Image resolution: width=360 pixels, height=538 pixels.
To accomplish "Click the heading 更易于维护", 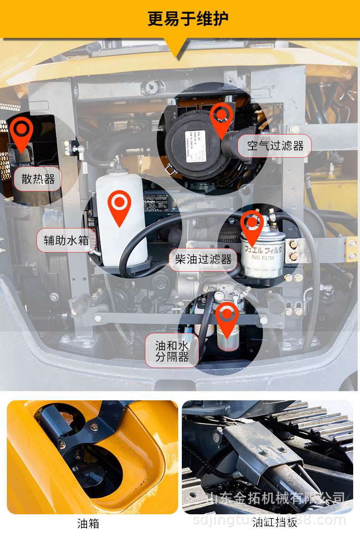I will coord(188,19).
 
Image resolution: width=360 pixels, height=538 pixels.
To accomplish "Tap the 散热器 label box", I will coord(38,179).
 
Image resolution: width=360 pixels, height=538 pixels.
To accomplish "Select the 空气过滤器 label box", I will coord(275,146).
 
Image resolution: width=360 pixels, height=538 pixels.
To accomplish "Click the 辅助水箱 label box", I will coord(66,240).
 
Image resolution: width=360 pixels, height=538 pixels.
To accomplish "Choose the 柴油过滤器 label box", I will coord(203,260).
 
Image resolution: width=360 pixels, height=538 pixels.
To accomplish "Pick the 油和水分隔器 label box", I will coord(172,351).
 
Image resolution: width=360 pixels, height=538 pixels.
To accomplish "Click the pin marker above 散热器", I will coord(21,132).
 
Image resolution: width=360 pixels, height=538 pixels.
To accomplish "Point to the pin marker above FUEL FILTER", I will coord(252,225).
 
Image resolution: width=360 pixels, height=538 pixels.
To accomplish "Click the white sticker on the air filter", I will coord(195,146).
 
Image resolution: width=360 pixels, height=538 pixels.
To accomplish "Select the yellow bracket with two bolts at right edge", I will coord(351,249).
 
